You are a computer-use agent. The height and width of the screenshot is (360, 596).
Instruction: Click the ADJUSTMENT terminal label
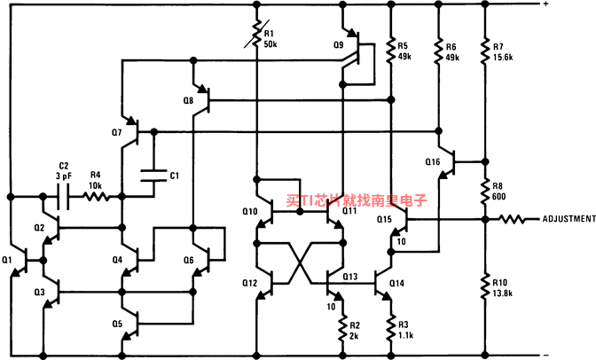point(569,219)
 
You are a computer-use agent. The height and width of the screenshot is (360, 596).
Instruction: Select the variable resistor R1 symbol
point(257,35)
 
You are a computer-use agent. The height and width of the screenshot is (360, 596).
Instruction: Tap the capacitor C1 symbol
point(154,176)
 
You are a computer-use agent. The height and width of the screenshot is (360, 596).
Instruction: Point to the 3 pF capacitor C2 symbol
point(63,197)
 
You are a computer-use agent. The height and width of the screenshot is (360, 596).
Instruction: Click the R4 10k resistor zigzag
point(96,197)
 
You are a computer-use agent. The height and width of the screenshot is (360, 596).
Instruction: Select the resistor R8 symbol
point(485,192)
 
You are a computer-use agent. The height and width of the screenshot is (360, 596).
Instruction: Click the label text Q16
point(433,162)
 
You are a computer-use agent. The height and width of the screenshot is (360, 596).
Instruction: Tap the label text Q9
point(338,45)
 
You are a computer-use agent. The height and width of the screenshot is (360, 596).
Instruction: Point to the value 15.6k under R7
point(503,58)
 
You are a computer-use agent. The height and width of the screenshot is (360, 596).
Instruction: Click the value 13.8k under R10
point(503,293)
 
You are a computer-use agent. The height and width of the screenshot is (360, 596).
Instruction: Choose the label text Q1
point(7,260)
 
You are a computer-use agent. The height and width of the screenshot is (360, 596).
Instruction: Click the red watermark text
point(357,200)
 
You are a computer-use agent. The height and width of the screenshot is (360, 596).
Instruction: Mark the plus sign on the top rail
point(545,4)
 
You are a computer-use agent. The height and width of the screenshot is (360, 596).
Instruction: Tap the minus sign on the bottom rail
point(545,355)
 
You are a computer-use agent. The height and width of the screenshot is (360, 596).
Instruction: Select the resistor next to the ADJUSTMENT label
point(513,219)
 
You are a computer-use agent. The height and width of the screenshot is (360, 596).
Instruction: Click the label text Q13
point(349,277)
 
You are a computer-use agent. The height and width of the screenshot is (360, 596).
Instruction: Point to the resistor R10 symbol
point(485,288)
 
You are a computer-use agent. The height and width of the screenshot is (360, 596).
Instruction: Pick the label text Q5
point(117,324)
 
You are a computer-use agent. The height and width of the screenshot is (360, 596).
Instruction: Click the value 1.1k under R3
point(405,335)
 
